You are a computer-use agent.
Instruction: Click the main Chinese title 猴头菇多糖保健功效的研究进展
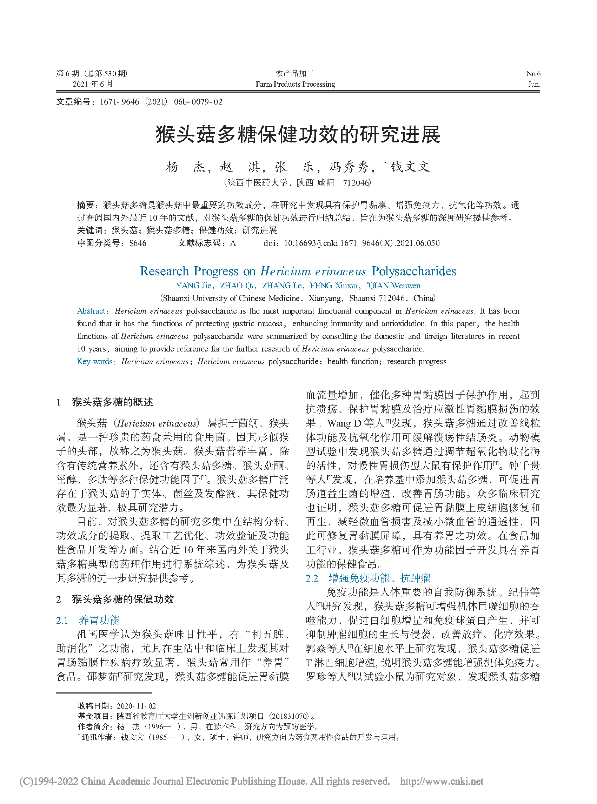pos(298,135)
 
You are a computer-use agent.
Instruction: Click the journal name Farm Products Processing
pos(295,84)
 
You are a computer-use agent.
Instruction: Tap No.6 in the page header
pos(533,74)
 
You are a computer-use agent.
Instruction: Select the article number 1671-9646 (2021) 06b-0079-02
pos(161,102)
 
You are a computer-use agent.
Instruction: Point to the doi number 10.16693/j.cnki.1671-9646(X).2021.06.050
pos(361,243)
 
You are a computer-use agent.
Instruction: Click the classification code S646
pos(138,243)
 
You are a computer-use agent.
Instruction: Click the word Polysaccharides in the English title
pos(414,271)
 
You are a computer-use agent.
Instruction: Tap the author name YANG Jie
pos(194,286)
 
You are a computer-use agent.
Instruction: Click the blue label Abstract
pos(92,311)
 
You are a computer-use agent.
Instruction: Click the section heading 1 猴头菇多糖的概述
pos(105,402)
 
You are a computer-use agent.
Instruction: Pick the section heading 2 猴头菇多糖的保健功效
pos(115,599)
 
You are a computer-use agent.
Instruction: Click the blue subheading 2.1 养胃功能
pos(88,620)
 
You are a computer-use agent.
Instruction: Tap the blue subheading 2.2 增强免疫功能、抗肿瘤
pos(368,578)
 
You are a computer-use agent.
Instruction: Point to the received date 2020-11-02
pos(137,706)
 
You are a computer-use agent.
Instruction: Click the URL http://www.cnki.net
pos(442,781)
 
